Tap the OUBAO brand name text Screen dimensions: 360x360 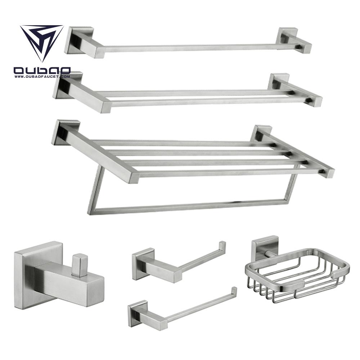[42, 71]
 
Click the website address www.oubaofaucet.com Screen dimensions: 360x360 [42, 76]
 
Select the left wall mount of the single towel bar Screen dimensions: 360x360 [78, 41]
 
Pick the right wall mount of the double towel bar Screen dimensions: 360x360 [279, 82]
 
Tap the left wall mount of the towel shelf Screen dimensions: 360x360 [66, 132]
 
